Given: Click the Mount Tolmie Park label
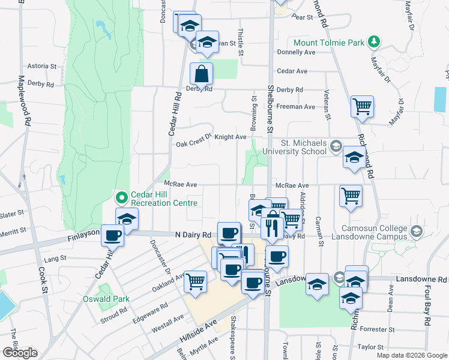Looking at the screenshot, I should pos(329,43).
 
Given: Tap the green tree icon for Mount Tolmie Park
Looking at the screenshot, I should pos(375,41).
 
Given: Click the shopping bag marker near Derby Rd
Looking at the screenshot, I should pos(202,74).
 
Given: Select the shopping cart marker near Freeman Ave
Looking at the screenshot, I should pos(363,107).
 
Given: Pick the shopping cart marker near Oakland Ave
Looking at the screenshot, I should pos(195,281).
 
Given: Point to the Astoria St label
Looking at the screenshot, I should pos(41,66).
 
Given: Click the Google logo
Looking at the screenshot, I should pos(20,353).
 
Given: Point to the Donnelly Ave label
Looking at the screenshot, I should pos(296,52).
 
